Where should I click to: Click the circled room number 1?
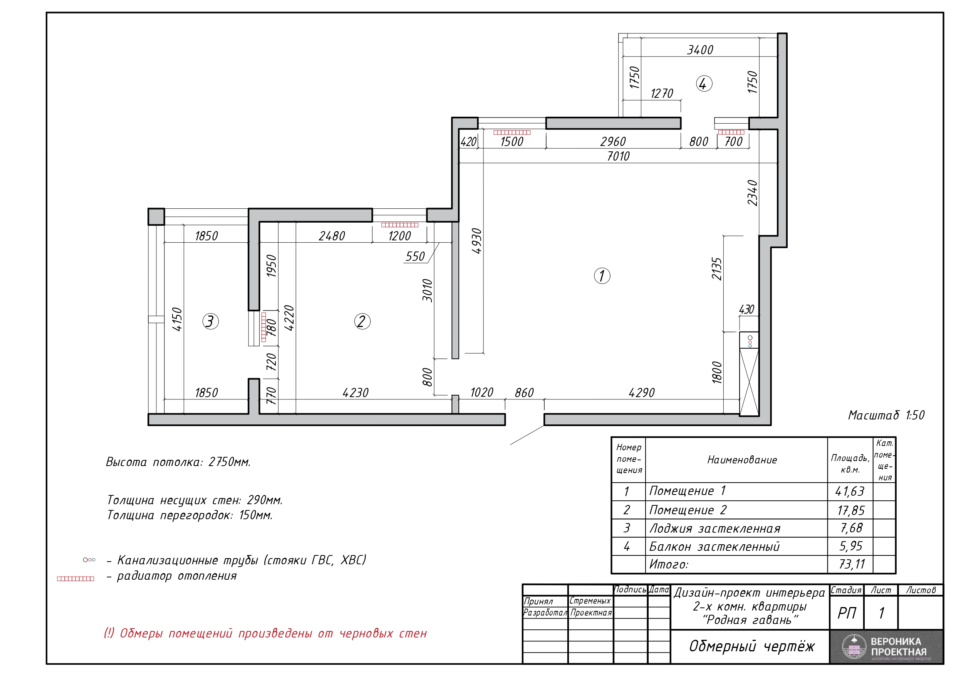pyautogui.click(x=602, y=276)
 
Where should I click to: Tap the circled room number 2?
pyautogui.click(x=362, y=322)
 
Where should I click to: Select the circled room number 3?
pyautogui.click(x=210, y=322)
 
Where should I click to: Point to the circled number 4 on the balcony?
pyautogui.click(x=704, y=84)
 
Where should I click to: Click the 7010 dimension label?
pyautogui.click(x=618, y=156)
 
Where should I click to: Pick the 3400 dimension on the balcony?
pyautogui.click(x=700, y=50)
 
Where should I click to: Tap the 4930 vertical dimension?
pyautogui.click(x=477, y=241)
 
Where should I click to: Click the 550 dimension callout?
pyautogui.click(x=415, y=257)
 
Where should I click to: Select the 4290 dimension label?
pyautogui.click(x=642, y=393)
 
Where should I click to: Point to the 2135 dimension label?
pyautogui.click(x=716, y=268)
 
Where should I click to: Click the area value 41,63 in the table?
pyautogui.click(x=850, y=491)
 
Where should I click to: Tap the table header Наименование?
pyautogui.click(x=742, y=460)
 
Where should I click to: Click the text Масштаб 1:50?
pyautogui.click(x=886, y=415)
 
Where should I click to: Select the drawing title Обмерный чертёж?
pyautogui.click(x=752, y=646)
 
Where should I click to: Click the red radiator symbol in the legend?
pyautogui.click(x=75, y=579)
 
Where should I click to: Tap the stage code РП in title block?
pyautogui.click(x=847, y=613)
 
